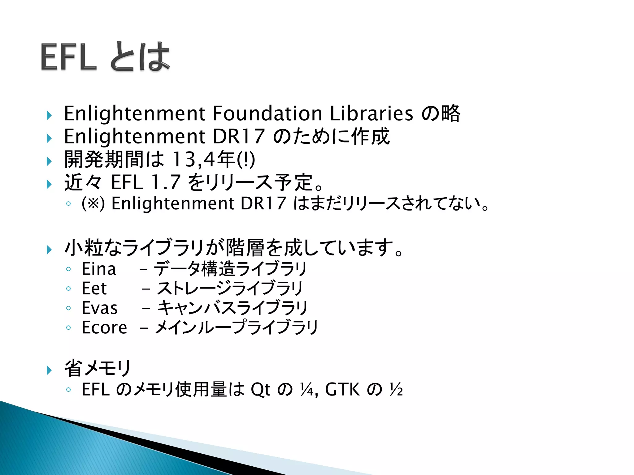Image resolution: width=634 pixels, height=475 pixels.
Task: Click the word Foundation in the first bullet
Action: pos(267,113)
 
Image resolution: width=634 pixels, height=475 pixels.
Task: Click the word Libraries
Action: pos(371,113)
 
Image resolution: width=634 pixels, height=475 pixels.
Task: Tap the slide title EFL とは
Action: pos(105,57)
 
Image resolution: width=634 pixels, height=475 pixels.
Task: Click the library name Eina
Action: pos(99,269)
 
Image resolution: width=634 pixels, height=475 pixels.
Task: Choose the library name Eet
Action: pos(94,289)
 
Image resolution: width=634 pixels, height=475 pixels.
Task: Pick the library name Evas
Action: pos(100,308)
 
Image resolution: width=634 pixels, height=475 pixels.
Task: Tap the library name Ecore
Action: pos(104,327)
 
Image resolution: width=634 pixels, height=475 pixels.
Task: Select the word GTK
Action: pos(342,389)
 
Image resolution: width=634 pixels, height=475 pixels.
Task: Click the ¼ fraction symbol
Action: pos(307,389)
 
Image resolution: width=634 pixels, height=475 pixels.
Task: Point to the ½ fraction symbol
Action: pos(396,389)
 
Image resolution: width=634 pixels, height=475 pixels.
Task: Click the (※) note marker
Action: pos(93,204)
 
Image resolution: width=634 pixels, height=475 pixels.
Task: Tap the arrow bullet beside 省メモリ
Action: pos(49,370)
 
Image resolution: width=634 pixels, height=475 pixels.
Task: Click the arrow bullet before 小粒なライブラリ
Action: pos(49,250)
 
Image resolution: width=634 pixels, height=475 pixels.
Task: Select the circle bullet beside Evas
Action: pos(68,308)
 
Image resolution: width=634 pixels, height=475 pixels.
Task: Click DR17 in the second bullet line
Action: pos(238,136)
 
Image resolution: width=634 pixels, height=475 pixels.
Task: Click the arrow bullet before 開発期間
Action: pos(49,161)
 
